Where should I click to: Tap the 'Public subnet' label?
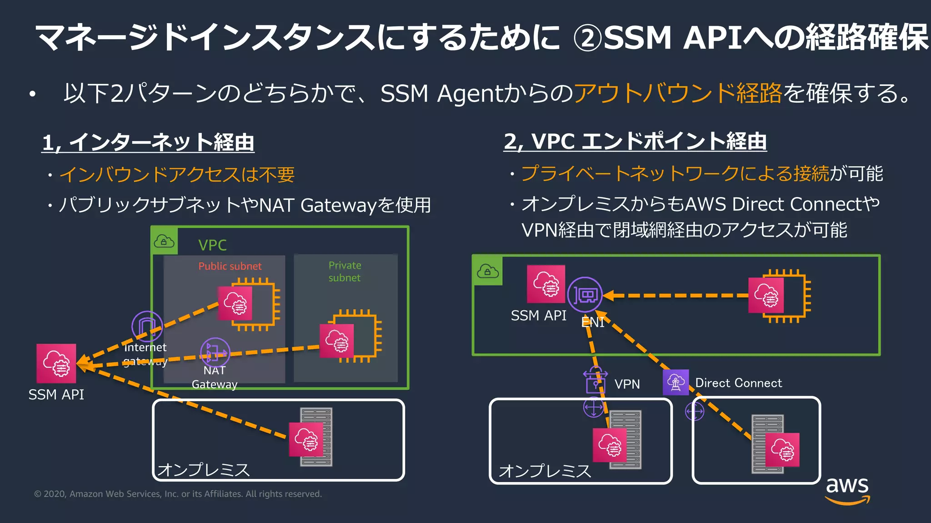click(x=230, y=266)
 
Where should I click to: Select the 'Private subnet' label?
click(x=345, y=271)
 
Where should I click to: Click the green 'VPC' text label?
click(x=212, y=245)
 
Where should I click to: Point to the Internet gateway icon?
click(x=147, y=326)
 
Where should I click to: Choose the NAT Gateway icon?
click(x=215, y=352)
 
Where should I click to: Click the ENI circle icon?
click(x=585, y=295)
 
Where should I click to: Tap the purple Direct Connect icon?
click(x=676, y=382)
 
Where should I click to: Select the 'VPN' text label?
click(x=627, y=384)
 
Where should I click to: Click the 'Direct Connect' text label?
click(x=739, y=383)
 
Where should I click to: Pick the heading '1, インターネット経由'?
click(x=148, y=143)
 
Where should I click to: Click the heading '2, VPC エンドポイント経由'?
click(x=635, y=142)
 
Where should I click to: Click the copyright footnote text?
click(x=178, y=494)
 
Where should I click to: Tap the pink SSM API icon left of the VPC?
click(x=56, y=364)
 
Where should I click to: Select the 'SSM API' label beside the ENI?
click(x=539, y=316)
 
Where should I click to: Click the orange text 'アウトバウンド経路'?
click(x=678, y=94)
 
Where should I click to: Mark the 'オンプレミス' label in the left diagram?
click(x=204, y=469)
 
